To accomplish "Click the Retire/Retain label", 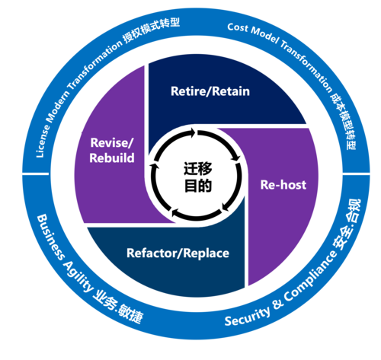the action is (210, 91).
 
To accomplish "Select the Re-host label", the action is (283, 185).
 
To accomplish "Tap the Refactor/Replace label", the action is (178, 253).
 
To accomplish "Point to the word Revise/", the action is (112, 143).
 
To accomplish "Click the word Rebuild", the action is (112, 158).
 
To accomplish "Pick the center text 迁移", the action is (198, 168).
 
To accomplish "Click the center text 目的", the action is (198, 186).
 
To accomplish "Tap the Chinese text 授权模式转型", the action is (151, 30).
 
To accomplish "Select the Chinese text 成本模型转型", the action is (344, 121).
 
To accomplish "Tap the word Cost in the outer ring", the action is (238, 27).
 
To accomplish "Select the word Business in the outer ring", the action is (50, 237).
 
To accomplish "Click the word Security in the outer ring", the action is (247, 316).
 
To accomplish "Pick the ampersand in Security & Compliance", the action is (278, 303).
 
